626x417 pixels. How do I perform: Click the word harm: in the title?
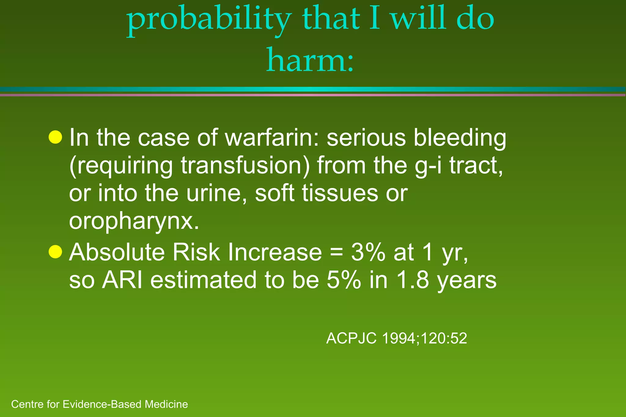tap(310, 60)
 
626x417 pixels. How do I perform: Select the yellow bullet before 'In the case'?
tap(55, 137)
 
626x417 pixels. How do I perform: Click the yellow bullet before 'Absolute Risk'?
tap(55, 252)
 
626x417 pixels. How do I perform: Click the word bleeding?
tap(460, 138)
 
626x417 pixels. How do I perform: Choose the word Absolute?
tap(117, 252)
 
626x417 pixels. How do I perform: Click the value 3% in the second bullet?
tap(368, 253)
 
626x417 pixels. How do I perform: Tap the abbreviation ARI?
tap(122, 280)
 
